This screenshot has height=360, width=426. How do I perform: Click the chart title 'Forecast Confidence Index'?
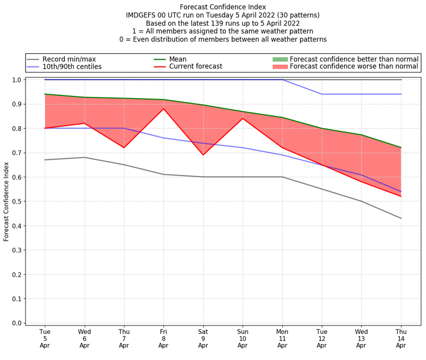click(x=223, y=7)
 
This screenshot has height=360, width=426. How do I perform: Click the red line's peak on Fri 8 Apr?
click(x=163, y=109)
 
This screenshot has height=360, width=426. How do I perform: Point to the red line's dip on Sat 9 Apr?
click(x=203, y=155)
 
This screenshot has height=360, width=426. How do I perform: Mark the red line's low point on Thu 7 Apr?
click(x=124, y=148)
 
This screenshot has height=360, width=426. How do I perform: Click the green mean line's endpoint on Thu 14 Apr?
click(x=400, y=148)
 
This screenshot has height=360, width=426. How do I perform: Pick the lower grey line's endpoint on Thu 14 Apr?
click(x=400, y=218)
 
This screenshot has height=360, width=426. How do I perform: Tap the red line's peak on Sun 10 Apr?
click(x=242, y=118)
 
